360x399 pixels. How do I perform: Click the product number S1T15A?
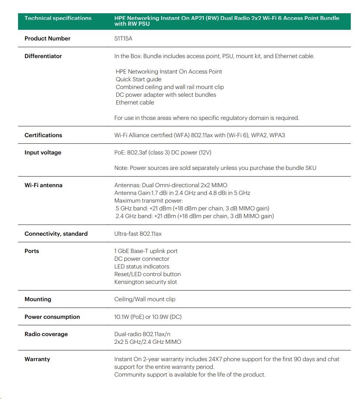tap(123, 39)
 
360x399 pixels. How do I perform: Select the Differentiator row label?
tap(43, 56)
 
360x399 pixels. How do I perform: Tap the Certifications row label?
tap(43, 135)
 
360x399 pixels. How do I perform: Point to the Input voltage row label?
tap(43, 153)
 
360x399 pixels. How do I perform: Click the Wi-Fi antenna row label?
tap(43, 185)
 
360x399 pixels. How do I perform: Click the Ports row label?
tap(32, 251)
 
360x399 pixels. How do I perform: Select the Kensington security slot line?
tap(145, 282)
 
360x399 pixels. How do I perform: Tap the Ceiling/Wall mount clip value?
tap(145, 299)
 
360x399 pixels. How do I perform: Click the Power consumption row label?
tap(52, 317)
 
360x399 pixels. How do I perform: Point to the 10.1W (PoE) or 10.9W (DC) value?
tap(148, 317)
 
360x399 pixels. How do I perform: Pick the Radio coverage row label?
tap(46, 334)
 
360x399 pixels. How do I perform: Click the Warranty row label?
tap(37, 359)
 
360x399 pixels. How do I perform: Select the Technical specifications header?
tap(58, 18)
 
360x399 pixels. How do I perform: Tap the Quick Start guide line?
tap(138, 79)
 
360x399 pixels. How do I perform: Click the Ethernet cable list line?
tap(135, 103)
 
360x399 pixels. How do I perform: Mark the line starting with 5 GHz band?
tap(193, 209)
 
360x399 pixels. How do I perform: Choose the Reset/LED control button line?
tap(147, 274)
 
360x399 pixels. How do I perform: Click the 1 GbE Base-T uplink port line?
tap(146, 251)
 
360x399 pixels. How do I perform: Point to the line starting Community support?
tap(190, 375)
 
